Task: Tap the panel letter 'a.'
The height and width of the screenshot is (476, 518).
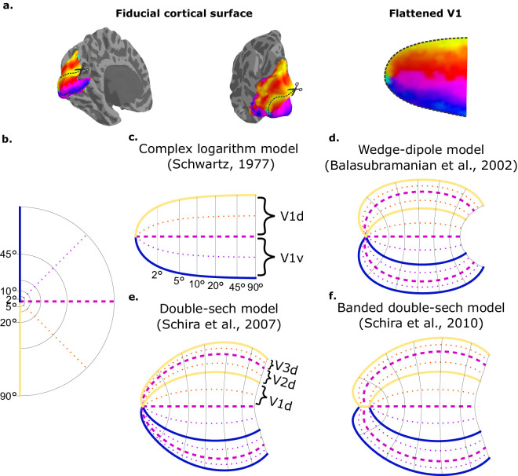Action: [7, 6]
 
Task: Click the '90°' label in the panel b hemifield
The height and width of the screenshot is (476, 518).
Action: [9, 396]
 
